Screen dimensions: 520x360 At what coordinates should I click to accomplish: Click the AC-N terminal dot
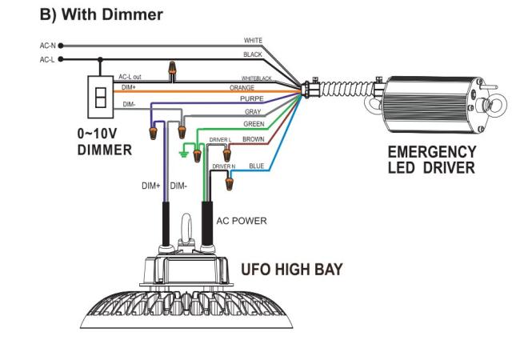tap(61, 46)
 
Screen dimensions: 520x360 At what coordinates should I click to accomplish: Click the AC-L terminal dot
tap(61, 59)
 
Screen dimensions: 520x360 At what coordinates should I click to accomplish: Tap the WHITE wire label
tap(253, 41)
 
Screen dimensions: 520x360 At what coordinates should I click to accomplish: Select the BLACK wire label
tap(253, 54)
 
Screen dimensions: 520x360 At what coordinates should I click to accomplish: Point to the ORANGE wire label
tap(242, 88)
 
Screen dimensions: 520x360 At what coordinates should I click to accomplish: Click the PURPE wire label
tap(252, 98)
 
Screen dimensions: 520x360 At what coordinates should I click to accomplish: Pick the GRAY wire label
tap(253, 112)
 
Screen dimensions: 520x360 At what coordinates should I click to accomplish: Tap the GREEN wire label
tap(254, 124)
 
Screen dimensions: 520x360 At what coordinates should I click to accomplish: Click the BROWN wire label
tap(254, 139)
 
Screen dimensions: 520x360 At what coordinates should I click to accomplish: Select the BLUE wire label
tap(257, 166)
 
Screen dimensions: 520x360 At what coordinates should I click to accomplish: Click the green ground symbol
tap(183, 154)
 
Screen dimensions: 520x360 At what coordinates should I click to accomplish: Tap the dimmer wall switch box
tap(101, 97)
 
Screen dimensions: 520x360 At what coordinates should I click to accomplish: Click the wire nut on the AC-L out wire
tap(172, 68)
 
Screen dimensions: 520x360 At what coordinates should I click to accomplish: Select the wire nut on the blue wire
tap(230, 184)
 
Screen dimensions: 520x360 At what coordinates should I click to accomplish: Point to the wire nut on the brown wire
tap(227, 155)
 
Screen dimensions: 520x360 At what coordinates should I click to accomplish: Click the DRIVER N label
tap(224, 166)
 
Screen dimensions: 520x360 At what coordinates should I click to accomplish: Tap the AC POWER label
tap(242, 221)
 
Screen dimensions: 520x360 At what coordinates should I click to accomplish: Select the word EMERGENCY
tap(432, 152)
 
